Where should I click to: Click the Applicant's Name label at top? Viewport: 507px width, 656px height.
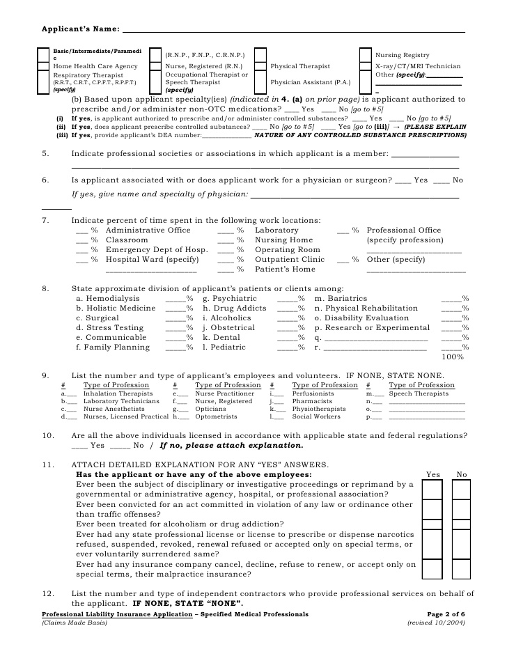point(79,30)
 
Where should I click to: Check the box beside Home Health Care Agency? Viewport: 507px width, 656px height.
point(43,66)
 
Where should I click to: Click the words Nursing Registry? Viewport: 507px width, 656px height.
point(402,55)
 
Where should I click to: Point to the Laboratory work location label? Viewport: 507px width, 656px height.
point(276,231)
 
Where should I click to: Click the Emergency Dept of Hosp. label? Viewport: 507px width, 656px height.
point(157,250)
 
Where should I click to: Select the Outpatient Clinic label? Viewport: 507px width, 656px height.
point(290,260)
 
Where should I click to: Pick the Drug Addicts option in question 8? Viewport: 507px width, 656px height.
point(235,308)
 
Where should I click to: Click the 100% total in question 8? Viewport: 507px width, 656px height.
point(453,357)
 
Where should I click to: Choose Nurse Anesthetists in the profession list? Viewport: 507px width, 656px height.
point(112,409)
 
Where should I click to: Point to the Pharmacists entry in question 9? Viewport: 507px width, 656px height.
point(308,402)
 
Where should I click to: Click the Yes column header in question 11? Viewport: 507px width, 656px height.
point(433,475)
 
